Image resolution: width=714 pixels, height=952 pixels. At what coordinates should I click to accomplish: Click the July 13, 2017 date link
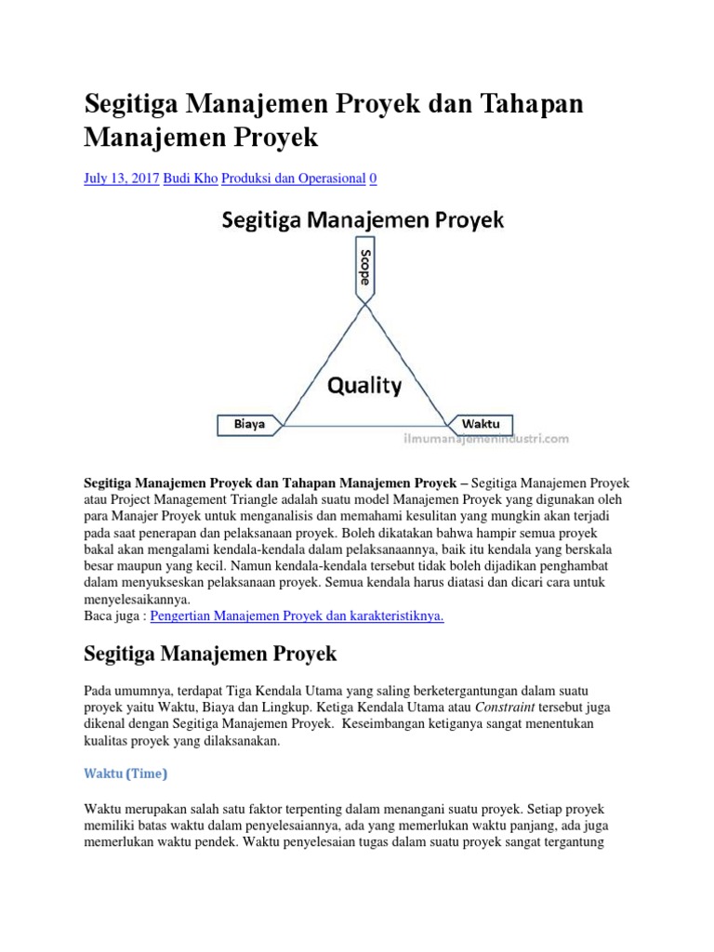pyautogui.click(x=122, y=178)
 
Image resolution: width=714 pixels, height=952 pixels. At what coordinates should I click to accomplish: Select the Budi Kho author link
pyautogui.click(x=191, y=178)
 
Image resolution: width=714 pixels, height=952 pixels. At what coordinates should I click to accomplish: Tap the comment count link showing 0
pyautogui.click(x=373, y=178)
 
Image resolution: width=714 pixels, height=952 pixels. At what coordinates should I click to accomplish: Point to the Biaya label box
pyautogui.click(x=249, y=423)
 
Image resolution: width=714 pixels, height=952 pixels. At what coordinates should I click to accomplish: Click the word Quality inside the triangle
pyautogui.click(x=364, y=385)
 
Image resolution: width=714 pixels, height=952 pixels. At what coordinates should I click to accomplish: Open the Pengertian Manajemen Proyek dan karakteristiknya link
pyautogui.click(x=297, y=616)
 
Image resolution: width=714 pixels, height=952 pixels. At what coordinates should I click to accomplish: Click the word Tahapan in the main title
pyautogui.click(x=530, y=104)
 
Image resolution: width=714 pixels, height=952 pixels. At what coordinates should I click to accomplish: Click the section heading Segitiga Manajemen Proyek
pyautogui.click(x=210, y=654)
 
